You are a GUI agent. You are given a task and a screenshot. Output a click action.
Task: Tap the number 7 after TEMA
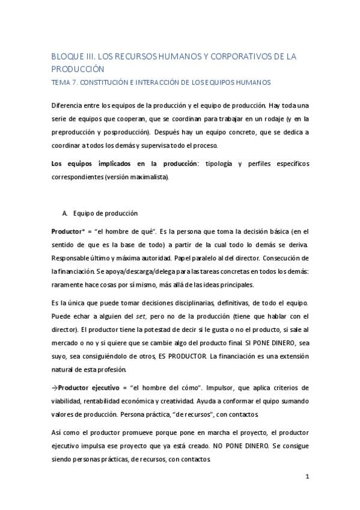pyautogui.click(x=73, y=82)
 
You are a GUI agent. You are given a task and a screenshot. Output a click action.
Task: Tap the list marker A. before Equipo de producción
pyautogui.click(x=66, y=213)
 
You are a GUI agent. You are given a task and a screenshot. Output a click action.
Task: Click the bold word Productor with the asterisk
pyautogui.click(x=70, y=232)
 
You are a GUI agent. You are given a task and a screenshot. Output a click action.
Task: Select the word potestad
pyautogui.click(x=159, y=330)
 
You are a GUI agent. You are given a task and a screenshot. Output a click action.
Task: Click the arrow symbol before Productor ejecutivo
pyautogui.click(x=54, y=387)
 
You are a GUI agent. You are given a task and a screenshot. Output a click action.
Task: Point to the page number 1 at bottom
pyautogui.click(x=307, y=478)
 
